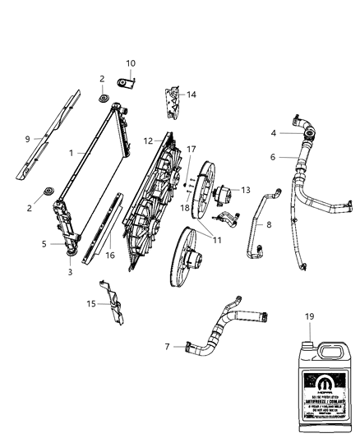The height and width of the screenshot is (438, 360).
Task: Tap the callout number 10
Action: tap(130, 63)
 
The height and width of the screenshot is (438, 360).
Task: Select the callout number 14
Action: tap(192, 95)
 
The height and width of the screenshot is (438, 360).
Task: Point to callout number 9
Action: tap(29, 139)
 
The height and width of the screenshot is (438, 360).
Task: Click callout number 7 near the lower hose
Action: tap(168, 347)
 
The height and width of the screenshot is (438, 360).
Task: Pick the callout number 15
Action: tap(90, 302)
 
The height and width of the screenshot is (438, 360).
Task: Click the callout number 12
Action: tap(149, 141)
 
